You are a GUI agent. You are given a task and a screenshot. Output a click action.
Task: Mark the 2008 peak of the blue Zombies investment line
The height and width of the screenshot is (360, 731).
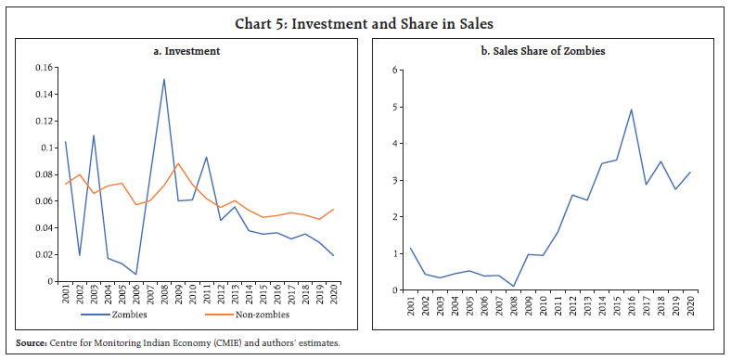point(164,79)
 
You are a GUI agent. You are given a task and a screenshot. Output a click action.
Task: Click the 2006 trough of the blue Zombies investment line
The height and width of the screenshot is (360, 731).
point(136,275)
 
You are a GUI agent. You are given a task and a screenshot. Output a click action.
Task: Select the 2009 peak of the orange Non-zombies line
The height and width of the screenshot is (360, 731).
point(178,163)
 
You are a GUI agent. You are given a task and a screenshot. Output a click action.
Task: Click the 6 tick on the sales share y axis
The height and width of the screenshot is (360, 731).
point(394,71)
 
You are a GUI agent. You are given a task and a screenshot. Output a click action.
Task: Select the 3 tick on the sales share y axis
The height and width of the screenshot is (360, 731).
point(394,180)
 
